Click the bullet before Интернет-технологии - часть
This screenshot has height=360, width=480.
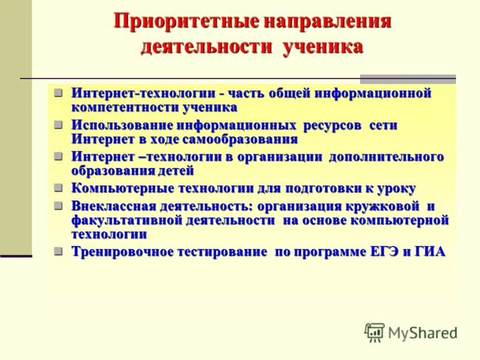(58, 93)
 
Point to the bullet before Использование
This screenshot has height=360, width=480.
(58, 125)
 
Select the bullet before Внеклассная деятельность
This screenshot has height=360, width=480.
(58, 205)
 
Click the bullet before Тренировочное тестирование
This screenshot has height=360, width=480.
(58, 251)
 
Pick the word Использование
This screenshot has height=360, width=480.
(122, 125)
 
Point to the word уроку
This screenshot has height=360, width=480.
(396, 188)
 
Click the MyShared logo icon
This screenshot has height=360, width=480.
(375, 332)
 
